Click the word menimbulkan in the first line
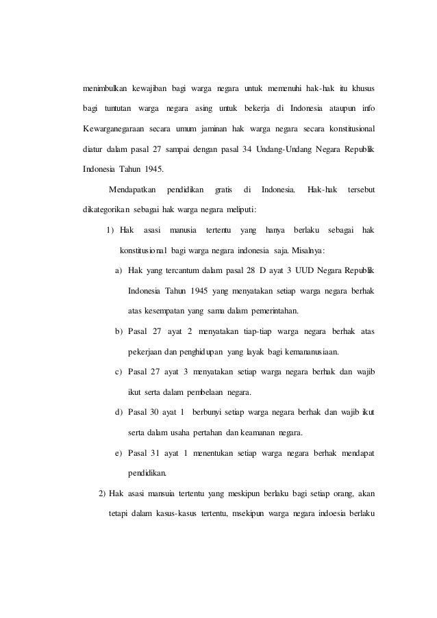[x=104, y=90]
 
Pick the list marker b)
[x=118, y=332]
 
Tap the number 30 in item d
[x=160, y=413]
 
